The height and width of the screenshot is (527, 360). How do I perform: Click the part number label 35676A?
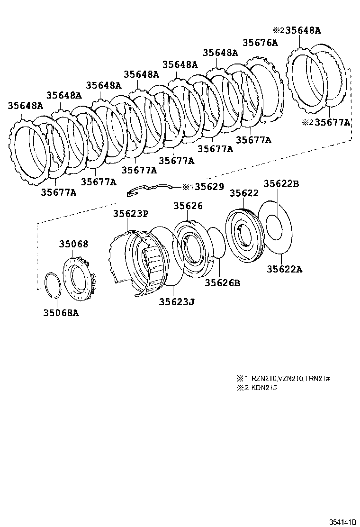pos(260,42)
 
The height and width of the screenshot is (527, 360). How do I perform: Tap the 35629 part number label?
pos(209,187)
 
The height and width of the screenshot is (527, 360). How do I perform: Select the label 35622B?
pos(281,184)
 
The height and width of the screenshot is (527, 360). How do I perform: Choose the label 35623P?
pos(130,214)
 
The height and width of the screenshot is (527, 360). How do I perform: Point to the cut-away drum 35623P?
pos(137,261)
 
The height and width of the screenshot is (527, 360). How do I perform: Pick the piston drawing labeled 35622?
pos(245,235)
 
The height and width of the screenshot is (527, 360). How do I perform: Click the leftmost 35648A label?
pos(25,106)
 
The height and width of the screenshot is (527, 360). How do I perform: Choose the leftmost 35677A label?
pos(58,192)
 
